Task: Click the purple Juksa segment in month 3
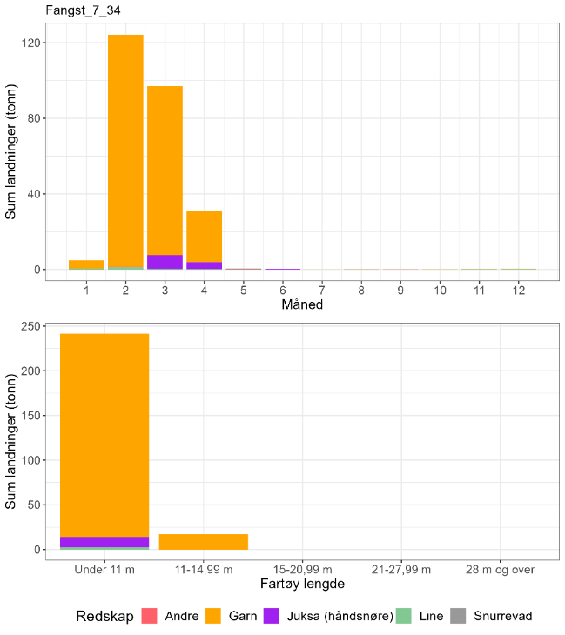(165, 262)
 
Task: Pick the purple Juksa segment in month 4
(204, 265)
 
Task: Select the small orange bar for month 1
(86, 264)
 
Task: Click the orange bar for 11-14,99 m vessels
(203, 542)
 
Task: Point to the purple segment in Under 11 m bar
(104, 542)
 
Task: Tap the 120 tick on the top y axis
(33, 43)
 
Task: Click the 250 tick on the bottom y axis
(33, 326)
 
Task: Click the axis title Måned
(302, 305)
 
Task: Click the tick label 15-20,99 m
(302, 570)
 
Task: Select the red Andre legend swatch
(149, 616)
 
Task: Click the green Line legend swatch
(402, 616)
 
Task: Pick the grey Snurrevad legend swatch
(458, 616)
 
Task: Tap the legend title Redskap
(104, 616)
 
